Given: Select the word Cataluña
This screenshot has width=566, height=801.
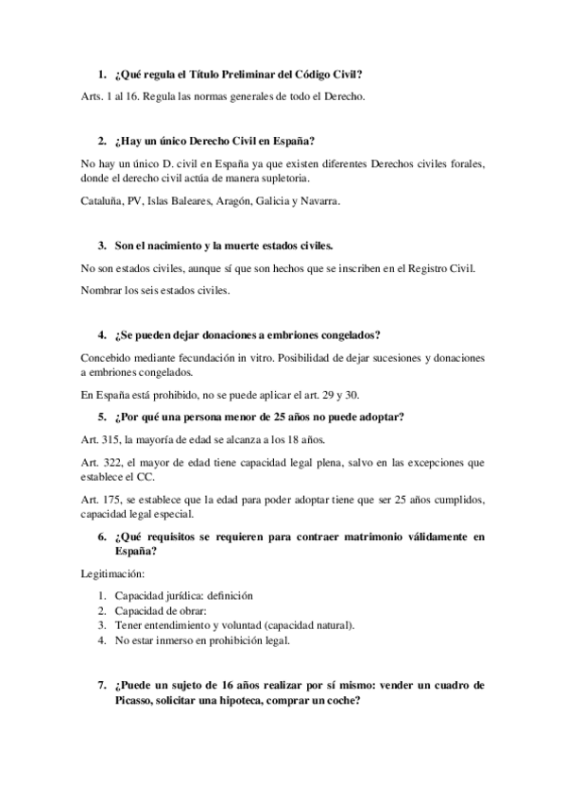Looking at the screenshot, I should (x=105, y=201).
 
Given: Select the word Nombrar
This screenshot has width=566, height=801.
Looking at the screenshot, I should (x=105, y=292).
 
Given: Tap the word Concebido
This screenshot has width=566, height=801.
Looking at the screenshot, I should (x=110, y=359).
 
